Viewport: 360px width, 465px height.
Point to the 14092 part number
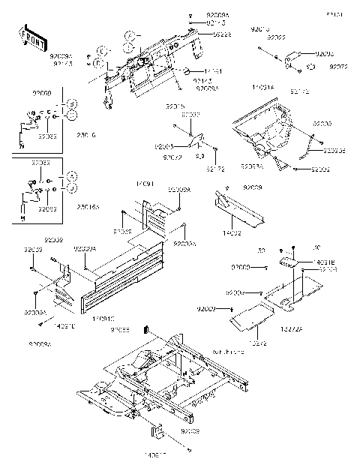click(235, 234)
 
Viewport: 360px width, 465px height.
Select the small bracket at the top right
click(304, 58)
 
